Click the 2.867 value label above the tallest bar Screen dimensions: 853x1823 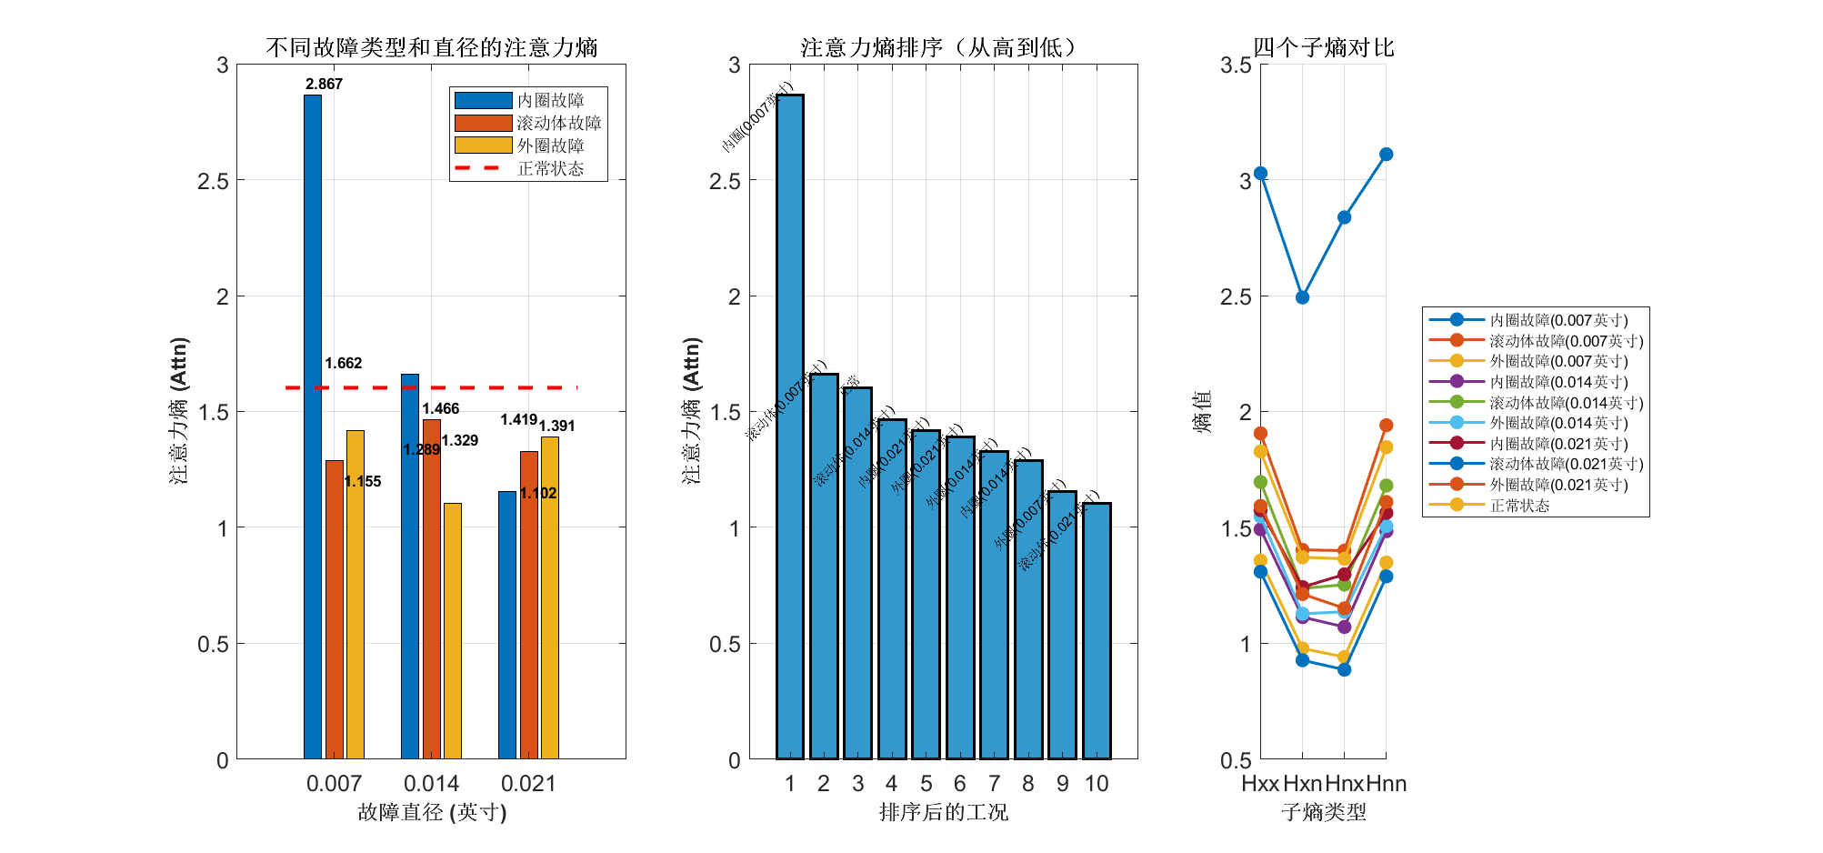[x=324, y=84]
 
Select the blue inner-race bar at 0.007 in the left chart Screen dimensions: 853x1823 [x=313, y=427]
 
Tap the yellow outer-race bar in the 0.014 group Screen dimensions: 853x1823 [x=453, y=631]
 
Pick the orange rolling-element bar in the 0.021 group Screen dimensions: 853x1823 [x=529, y=605]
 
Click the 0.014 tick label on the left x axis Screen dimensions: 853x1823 [x=431, y=784]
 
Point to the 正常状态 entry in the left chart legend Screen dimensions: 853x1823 [x=550, y=168]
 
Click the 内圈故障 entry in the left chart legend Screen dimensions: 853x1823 [x=550, y=100]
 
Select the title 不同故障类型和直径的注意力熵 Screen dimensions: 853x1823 [x=431, y=47]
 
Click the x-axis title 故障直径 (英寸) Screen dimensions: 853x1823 [x=431, y=812]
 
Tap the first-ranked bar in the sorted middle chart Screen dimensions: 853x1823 [x=789, y=427]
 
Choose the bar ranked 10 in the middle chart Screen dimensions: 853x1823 [x=1097, y=631]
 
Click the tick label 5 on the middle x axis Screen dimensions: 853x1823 [x=926, y=784]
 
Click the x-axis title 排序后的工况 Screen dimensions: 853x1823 [x=943, y=812]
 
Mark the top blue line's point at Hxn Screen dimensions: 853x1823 [x=1302, y=297]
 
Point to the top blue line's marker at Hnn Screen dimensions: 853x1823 [x=1386, y=155]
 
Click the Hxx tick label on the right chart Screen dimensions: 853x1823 [x=1260, y=784]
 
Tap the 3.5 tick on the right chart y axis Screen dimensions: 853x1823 [x=1236, y=65]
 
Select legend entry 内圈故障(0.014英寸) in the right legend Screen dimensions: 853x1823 [x=1558, y=382]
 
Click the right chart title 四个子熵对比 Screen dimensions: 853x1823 [x=1323, y=47]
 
